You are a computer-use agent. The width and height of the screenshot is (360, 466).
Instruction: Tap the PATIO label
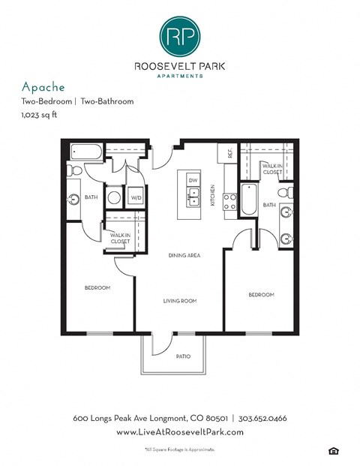(x=183, y=356)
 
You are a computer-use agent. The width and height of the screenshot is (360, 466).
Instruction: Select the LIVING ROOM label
(x=180, y=301)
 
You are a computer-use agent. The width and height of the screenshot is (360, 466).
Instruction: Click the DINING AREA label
(x=184, y=256)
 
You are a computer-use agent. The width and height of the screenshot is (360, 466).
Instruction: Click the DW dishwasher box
(x=193, y=181)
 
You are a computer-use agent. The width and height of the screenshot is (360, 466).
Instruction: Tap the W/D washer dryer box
(x=136, y=198)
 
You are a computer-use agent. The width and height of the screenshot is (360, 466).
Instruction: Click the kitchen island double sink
(x=193, y=199)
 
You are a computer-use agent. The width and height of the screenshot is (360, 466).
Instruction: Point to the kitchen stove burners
(x=229, y=202)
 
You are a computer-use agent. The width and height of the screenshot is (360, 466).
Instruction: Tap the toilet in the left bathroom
(x=74, y=172)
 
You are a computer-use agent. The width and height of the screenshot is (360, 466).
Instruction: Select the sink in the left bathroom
(x=74, y=200)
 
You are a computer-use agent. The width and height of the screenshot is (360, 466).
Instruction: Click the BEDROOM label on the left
(x=97, y=287)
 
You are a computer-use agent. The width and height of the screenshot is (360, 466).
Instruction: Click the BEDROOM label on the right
(x=261, y=295)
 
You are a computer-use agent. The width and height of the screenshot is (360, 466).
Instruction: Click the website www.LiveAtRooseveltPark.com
(x=179, y=432)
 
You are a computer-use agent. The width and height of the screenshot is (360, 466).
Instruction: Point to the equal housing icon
(x=332, y=449)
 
